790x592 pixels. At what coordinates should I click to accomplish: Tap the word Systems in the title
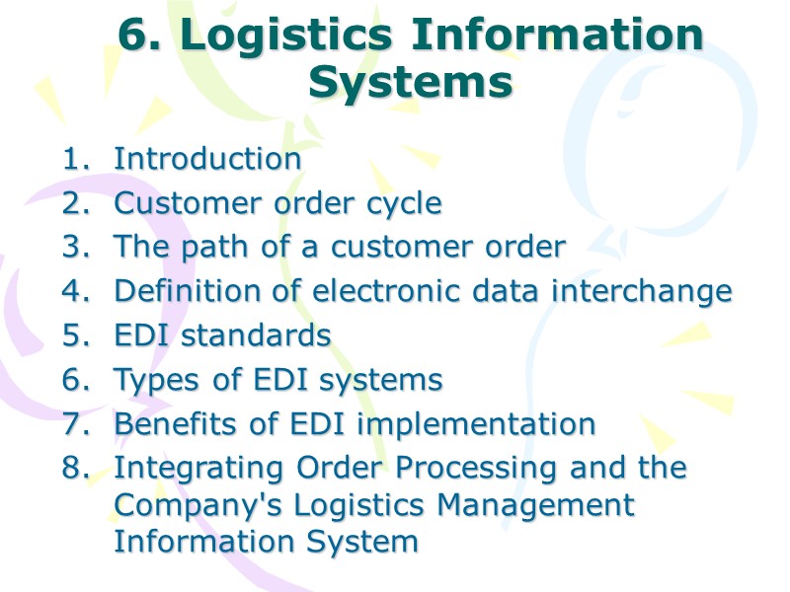(x=410, y=83)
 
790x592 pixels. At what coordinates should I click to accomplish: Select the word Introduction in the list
(x=207, y=159)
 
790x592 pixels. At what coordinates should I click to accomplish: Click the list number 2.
(x=75, y=204)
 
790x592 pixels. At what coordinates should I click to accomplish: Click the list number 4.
(x=75, y=292)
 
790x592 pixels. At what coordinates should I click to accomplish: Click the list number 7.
(x=75, y=424)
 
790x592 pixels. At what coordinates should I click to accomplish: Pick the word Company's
(x=192, y=505)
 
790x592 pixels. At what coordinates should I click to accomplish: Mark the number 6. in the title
(x=142, y=37)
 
